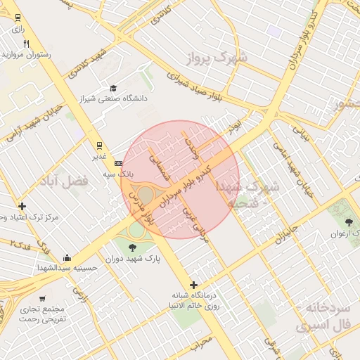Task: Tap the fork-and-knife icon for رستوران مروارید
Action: click(26, 44)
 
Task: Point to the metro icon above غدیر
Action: click(98, 146)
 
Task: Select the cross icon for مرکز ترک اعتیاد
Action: click(22, 207)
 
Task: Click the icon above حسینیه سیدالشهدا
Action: click(66, 258)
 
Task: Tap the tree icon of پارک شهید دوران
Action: click(133, 246)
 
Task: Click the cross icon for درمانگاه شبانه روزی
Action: click(193, 284)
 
